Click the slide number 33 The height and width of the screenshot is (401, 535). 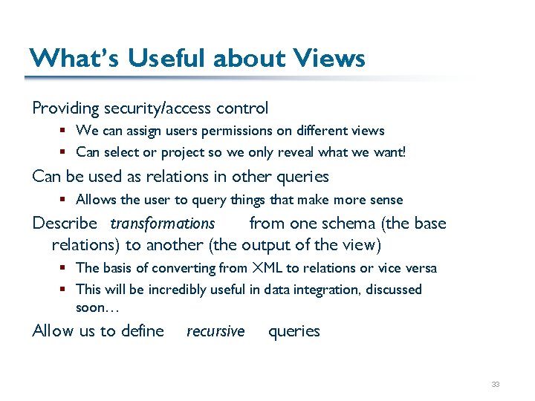point(495,385)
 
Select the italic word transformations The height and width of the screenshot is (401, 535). point(163,224)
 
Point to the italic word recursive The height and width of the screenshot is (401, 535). point(215,331)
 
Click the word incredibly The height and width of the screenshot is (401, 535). point(178,289)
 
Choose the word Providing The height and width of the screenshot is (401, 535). point(65,108)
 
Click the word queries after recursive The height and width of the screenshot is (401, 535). point(294,331)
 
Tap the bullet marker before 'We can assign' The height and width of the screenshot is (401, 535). point(64,131)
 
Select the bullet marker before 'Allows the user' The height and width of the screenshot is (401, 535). point(64,200)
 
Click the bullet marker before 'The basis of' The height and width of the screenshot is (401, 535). point(64,267)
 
